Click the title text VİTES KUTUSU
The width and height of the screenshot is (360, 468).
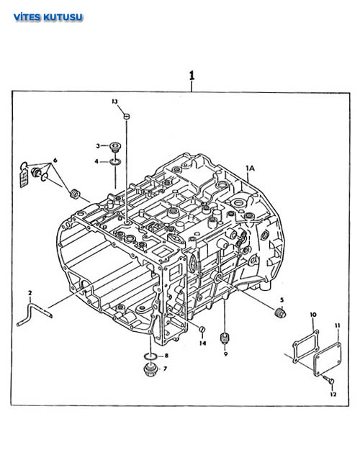point(48,17)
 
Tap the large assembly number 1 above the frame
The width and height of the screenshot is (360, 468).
point(192,76)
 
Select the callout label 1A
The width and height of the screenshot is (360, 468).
point(250,168)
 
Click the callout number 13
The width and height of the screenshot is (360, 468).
point(115,102)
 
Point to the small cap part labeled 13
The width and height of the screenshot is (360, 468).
point(127,116)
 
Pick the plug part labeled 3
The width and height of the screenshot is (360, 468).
point(114,148)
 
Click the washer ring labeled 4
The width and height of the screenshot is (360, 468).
point(115,162)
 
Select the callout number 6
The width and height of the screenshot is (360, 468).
point(55,161)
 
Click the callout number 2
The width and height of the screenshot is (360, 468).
point(30,293)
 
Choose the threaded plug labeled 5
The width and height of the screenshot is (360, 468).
point(280,312)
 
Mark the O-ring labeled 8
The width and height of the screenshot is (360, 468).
point(150,356)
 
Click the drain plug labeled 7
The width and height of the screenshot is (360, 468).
point(150,370)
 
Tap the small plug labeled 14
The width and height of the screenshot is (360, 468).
point(202,329)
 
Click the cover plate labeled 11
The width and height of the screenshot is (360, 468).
point(328,360)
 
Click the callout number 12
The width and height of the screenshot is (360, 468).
point(333,395)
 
